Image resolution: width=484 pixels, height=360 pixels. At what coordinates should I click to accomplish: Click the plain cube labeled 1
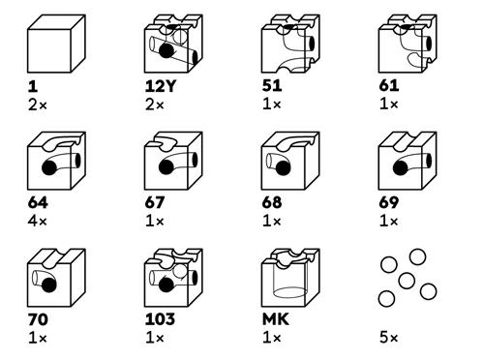click(56, 44)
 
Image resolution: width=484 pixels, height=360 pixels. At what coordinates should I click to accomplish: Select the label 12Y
click(160, 86)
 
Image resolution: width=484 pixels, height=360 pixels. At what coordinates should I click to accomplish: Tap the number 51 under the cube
click(272, 86)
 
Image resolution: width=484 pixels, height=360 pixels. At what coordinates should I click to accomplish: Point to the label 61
click(389, 86)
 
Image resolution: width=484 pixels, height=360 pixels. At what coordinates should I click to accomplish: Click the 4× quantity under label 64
click(38, 222)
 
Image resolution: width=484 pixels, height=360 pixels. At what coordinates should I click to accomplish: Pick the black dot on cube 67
click(166, 167)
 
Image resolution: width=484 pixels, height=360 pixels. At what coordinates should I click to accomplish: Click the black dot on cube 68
click(283, 167)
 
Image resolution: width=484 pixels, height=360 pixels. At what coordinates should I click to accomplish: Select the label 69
click(389, 203)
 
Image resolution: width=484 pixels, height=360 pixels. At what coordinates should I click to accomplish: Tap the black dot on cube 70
click(49, 285)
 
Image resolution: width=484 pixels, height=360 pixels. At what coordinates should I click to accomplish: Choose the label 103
click(160, 319)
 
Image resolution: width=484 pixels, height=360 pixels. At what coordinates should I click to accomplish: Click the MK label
click(276, 319)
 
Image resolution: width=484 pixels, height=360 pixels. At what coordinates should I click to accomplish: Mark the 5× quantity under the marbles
click(389, 338)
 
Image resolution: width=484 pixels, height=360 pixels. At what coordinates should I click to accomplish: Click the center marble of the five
click(407, 281)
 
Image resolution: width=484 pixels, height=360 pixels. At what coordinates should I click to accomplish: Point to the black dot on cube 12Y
click(166, 50)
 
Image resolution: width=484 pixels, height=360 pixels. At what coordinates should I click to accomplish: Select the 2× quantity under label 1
click(38, 105)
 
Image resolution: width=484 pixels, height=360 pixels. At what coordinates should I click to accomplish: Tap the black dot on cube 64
click(49, 167)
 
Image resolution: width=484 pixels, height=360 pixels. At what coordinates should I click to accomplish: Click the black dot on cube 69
click(401, 167)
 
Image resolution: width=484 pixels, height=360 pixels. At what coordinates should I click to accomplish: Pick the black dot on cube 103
click(166, 285)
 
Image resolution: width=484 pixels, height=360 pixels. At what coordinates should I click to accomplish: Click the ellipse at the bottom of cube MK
click(290, 292)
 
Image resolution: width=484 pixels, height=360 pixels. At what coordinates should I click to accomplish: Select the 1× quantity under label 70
click(38, 338)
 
